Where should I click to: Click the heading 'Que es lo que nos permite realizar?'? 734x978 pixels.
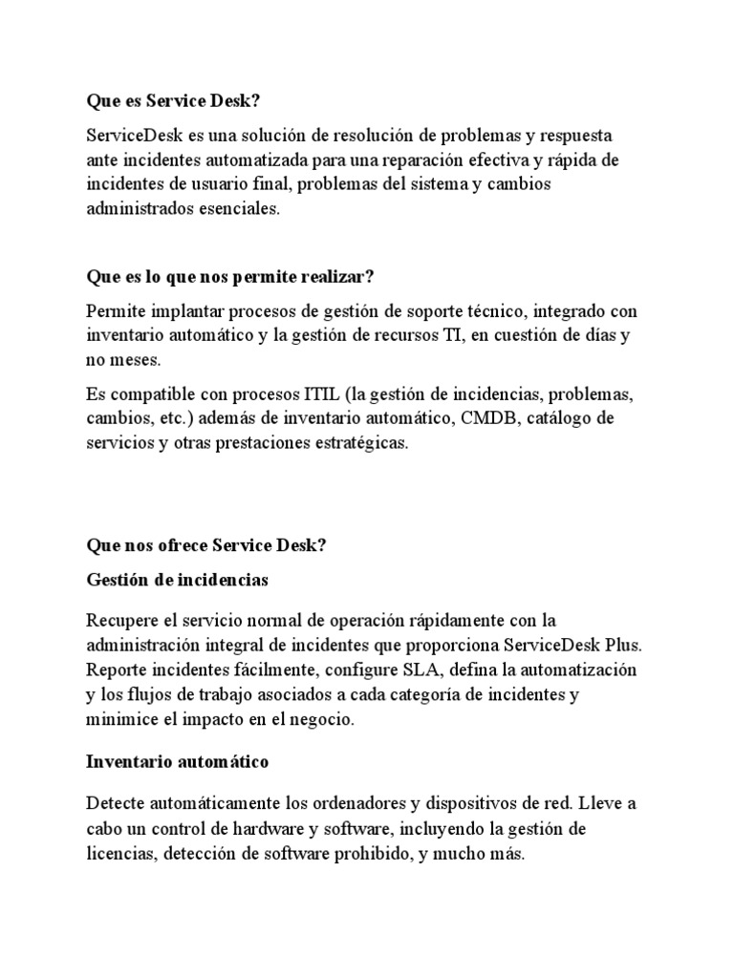tap(229, 277)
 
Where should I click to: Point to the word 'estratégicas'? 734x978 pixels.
tap(362, 444)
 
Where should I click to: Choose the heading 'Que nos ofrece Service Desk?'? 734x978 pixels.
tap(205, 545)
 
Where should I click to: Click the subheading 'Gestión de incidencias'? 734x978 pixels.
tap(177, 580)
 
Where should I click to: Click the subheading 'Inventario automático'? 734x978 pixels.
tap(177, 762)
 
